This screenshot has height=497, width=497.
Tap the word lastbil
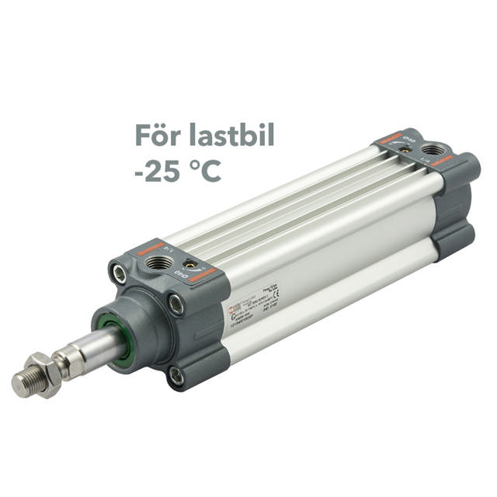click(x=232, y=135)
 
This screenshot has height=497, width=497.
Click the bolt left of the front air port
click(x=119, y=273)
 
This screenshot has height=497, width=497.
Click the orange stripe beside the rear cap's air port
click(x=443, y=160)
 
